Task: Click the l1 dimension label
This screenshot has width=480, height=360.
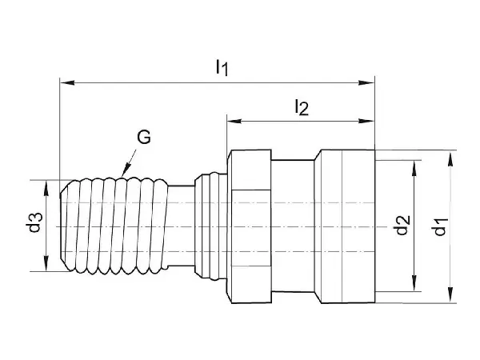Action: [222, 67]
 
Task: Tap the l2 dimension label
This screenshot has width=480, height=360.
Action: [302, 107]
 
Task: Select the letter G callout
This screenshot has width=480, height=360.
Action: [144, 137]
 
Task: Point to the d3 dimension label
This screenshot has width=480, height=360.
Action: [34, 222]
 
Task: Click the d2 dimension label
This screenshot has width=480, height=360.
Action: [403, 225]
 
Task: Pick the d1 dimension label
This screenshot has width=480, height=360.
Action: [441, 226]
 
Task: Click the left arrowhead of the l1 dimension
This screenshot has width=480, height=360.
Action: [67, 82]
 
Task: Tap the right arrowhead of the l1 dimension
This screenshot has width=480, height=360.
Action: [366, 82]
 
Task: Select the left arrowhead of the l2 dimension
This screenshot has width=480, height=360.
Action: [234, 122]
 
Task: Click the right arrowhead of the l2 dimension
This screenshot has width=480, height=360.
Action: [366, 122]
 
